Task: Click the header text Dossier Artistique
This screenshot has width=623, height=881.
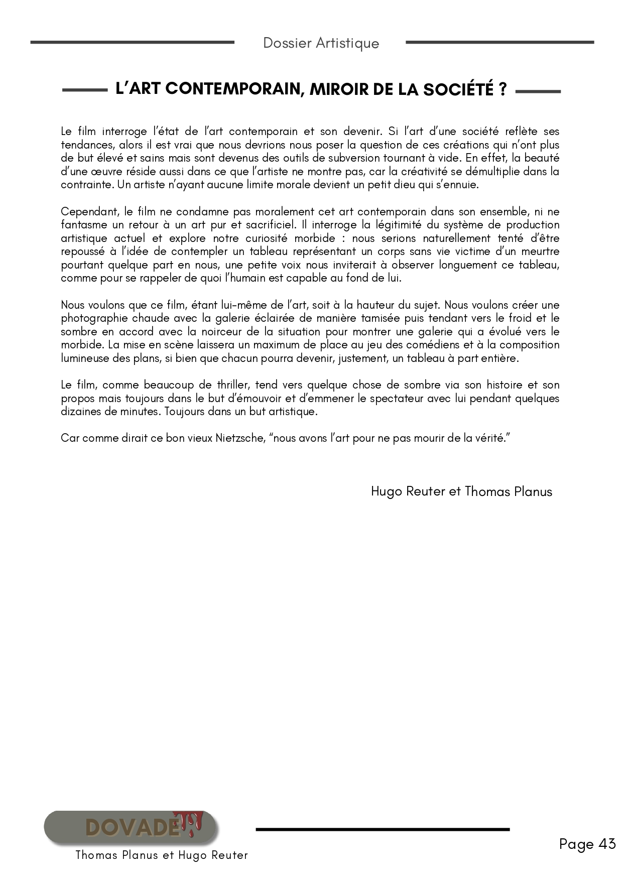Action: click(x=321, y=43)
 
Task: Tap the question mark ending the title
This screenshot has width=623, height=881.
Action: click(x=503, y=89)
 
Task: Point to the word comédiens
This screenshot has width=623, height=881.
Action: click(x=435, y=345)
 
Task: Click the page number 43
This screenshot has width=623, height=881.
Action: click(x=606, y=844)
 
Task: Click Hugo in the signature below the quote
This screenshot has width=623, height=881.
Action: click(x=387, y=491)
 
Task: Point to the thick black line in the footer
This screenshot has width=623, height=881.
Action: click(x=383, y=829)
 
